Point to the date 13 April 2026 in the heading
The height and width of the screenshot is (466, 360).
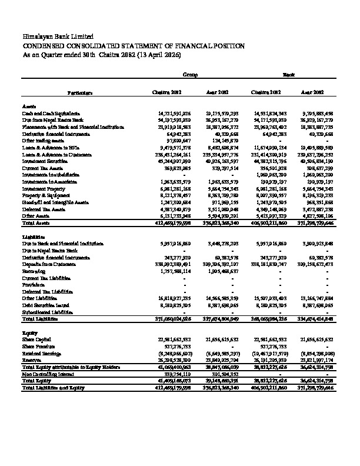pos(160,54)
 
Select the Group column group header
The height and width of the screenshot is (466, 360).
pos(189,75)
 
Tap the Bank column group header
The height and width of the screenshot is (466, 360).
pos(289,75)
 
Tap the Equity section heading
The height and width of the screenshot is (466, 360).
pos(30,333)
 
